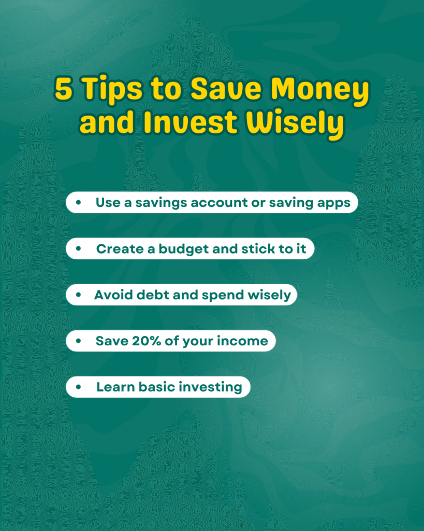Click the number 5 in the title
tap(64, 89)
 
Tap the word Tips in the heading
tap(112, 89)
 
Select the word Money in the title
tap(320, 91)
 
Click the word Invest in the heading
tap(190, 122)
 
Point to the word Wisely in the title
tap(295, 124)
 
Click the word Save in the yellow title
tap(226, 89)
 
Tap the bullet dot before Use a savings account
tap(79, 203)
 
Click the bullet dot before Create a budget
tap(79, 248)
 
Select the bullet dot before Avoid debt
tap(79, 295)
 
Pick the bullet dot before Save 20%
tap(79, 341)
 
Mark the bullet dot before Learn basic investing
tap(79, 387)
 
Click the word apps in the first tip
tap(333, 203)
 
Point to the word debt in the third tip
tap(153, 295)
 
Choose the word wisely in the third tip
tap(269, 295)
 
